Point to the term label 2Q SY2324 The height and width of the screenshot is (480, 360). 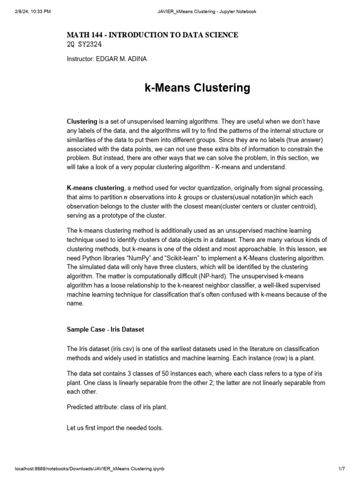tap(84, 45)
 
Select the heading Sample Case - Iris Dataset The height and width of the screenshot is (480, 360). tap(105, 330)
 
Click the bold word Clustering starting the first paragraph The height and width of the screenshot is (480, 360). tap(82, 121)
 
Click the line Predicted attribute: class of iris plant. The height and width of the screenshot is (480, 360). tap(117, 407)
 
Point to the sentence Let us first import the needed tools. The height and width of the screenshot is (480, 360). tap(115, 428)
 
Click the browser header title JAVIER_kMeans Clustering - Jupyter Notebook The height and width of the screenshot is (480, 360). tap(206, 12)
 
